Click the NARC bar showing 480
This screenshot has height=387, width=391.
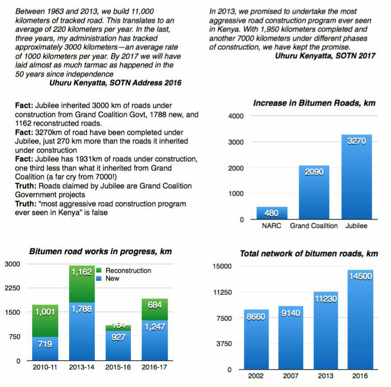coord(272,213)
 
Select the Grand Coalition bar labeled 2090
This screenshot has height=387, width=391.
coord(314,192)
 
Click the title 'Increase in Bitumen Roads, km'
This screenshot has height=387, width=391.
coord(314,103)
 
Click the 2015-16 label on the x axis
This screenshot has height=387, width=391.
coord(118,367)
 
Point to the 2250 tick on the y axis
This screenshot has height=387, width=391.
coord(13,288)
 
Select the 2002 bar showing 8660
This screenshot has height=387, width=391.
coord(256,339)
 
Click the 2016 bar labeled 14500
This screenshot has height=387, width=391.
coord(360,320)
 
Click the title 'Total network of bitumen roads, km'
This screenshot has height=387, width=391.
coord(309,254)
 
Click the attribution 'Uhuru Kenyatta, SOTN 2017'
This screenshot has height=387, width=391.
coord(325,56)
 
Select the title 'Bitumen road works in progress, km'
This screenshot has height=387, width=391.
coord(100,251)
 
